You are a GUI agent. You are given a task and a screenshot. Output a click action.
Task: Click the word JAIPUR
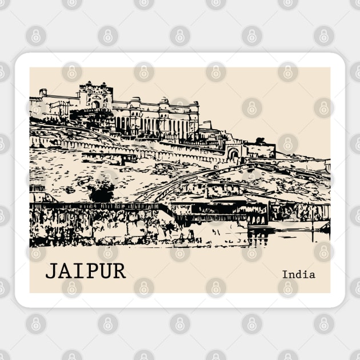pyautogui.click(x=86, y=270)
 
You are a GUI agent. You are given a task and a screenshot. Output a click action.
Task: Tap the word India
pyautogui.click(x=298, y=274)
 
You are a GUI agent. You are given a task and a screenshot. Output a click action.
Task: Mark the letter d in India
pyautogui.click(x=298, y=274)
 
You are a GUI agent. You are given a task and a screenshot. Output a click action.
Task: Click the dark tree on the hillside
pyautogui.click(x=101, y=193)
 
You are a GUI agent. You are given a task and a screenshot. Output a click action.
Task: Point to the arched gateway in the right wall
pyautogui.click(x=233, y=154)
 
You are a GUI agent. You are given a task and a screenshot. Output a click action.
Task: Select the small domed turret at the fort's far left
pyautogui.click(x=42, y=92)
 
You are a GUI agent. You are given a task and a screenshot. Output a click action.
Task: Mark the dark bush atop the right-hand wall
pyautogui.click(x=260, y=141)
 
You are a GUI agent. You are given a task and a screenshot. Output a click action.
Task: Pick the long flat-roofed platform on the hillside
pyautogui.click(x=109, y=155)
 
